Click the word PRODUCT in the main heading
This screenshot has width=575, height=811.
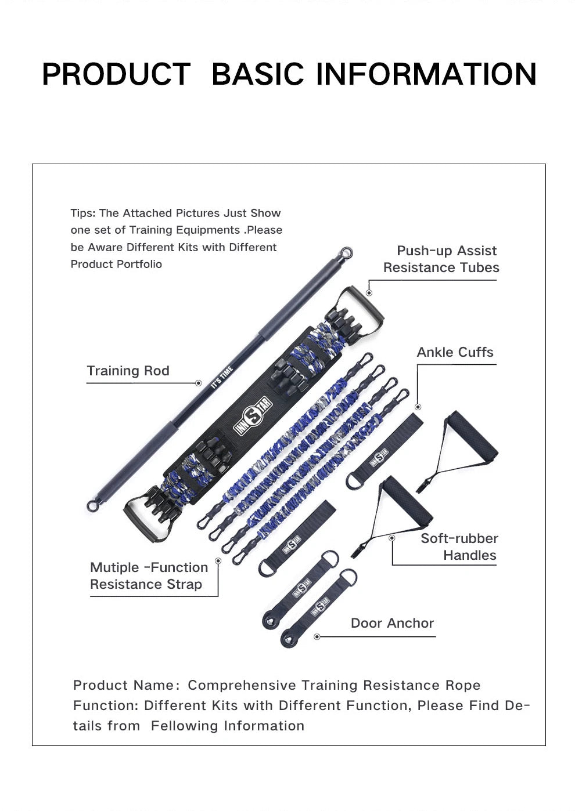(x=116, y=74)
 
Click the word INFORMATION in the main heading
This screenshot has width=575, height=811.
(x=426, y=74)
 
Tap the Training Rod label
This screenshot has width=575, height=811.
(x=128, y=371)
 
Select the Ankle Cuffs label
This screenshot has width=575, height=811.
(x=455, y=352)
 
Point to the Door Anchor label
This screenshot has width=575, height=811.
(x=392, y=623)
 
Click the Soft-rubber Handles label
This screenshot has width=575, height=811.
(x=459, y=546)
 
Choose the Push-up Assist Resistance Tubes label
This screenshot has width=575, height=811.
(x=441, y=259)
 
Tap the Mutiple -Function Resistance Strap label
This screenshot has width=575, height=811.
(x=149, y=575)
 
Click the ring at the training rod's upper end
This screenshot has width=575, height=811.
(x=347, y=253)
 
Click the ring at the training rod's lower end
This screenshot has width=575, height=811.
(x=92, y=505)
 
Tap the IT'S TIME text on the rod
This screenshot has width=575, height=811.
(x=222, y=377)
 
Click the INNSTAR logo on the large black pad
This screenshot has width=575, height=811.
(x=253, y=415)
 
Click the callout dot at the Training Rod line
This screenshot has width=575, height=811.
(x=198, y=383)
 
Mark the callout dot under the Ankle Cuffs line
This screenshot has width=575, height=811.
(x=418, y=407)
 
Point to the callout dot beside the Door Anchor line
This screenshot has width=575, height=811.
(x=317, y=636)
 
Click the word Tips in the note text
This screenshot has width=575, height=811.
(x=82, y=213)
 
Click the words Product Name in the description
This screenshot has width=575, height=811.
(x=123, y=685)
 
